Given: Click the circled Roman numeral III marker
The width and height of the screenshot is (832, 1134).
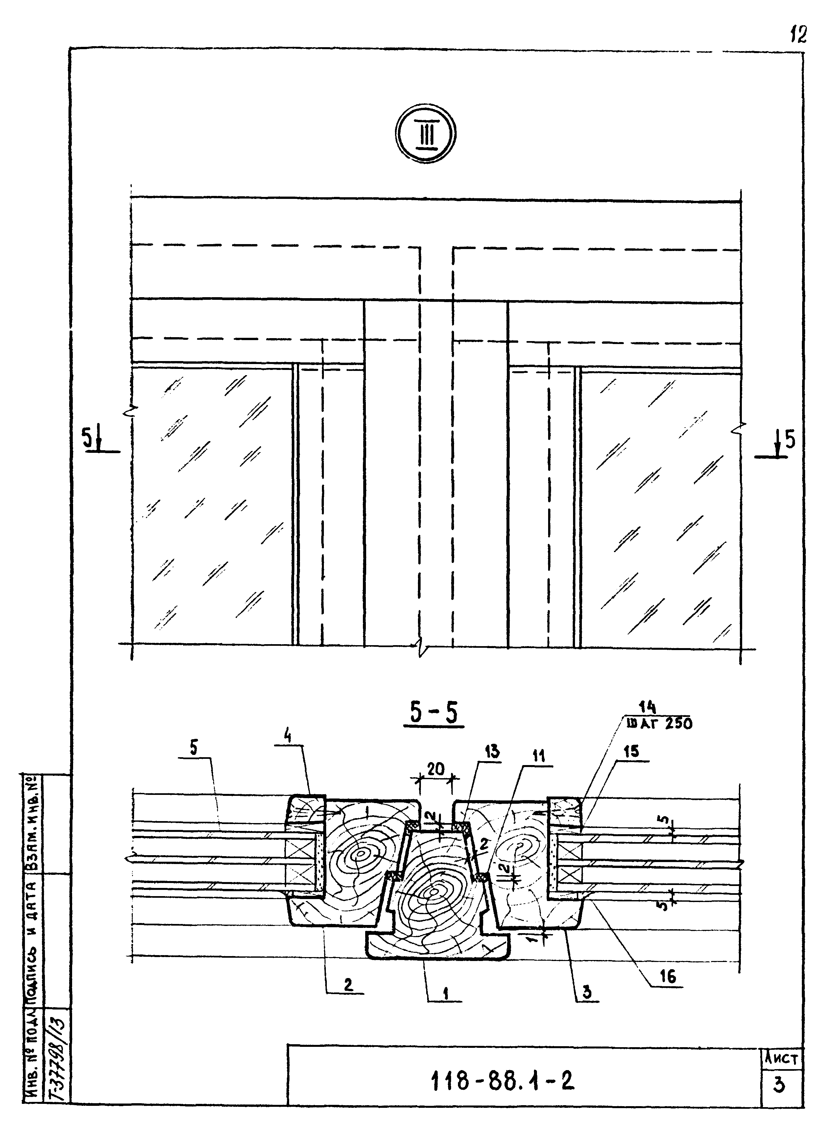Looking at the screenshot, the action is coord(426,134).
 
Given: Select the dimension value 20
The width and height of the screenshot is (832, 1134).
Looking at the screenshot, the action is coord(436,769).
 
